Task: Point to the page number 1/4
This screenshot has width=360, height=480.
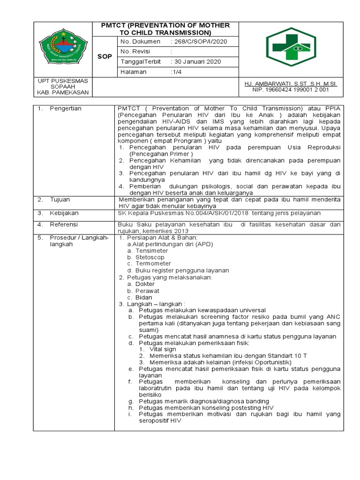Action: click(x=177, y=72)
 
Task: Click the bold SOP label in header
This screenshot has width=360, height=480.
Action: click(x=104, y=56)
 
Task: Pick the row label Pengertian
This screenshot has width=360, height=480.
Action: click(x=65, y=108)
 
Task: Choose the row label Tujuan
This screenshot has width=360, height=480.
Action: click(x=60, y=199)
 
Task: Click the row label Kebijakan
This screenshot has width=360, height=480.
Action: click(x=63, y=212)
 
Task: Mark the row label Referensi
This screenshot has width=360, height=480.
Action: click(x=63, y=225)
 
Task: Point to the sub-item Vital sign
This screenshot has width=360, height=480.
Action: click(x=163, y=349)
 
